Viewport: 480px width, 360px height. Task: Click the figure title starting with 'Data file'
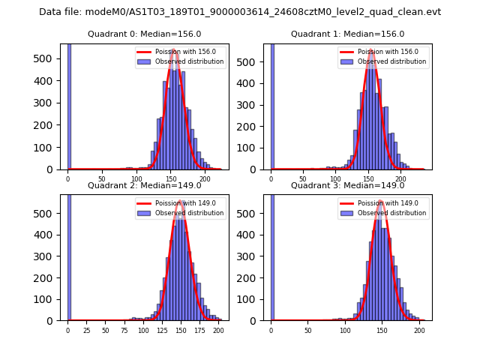point(240,12)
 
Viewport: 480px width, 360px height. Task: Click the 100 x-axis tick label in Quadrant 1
point(336,179)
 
